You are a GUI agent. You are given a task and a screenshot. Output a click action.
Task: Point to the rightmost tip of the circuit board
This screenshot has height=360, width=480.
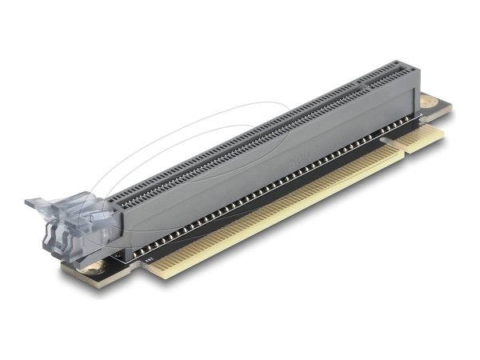pos(451,107)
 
